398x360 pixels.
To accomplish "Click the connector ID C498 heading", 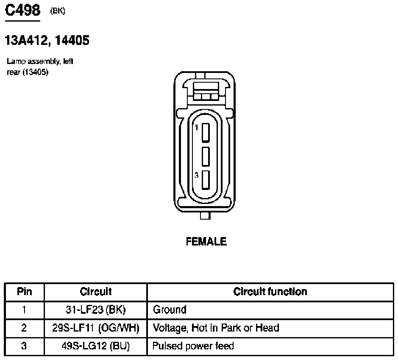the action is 22,11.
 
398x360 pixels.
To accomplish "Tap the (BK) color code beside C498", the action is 58,11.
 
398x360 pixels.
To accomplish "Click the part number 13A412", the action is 26,40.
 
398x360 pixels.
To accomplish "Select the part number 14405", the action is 72,40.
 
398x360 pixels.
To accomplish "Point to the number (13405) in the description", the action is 35,72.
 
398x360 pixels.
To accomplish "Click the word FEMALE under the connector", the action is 206,241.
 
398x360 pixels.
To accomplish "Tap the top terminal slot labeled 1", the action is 206,132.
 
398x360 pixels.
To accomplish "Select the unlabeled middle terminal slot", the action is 206,156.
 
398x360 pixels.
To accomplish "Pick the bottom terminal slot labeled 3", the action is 206,180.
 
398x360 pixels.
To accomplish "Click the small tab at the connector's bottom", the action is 205,215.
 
